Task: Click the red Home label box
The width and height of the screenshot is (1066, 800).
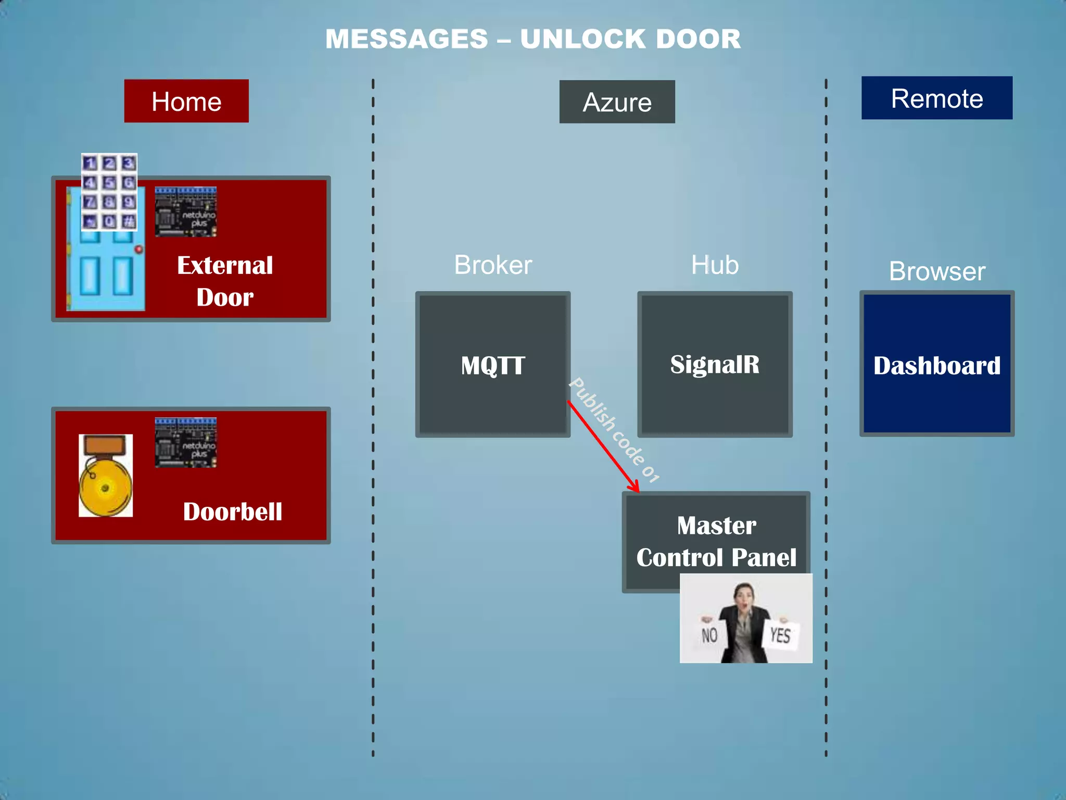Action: [186, 101]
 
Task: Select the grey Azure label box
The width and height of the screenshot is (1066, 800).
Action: [617, 102]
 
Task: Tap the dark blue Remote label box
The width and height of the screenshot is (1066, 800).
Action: [936, 98]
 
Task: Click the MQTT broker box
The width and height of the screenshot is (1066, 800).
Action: [492, 365]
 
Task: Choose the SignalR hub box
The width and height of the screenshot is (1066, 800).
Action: [715, 365]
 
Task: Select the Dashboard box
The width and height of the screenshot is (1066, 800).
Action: [936, 365]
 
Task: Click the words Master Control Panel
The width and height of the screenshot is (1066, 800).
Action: [716, 541]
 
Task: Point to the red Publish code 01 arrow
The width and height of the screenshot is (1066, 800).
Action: [604, 447]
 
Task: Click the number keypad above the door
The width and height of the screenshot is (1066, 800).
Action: [109, 192]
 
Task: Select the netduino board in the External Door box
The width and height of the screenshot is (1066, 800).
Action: [186, 212]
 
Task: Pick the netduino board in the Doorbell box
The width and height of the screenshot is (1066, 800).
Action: [186, 443]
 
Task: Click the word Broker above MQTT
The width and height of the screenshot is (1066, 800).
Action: [493, 265]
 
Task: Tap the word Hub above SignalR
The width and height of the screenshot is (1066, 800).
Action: [715, 265]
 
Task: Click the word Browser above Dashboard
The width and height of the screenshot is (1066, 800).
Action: [937, 271]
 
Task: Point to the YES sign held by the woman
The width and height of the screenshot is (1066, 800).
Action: [780, 635]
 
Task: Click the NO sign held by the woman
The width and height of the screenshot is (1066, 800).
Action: [709, 635]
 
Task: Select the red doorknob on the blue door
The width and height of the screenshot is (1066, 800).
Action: [139, 249]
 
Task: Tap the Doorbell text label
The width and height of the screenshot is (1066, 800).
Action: [232, 511]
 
